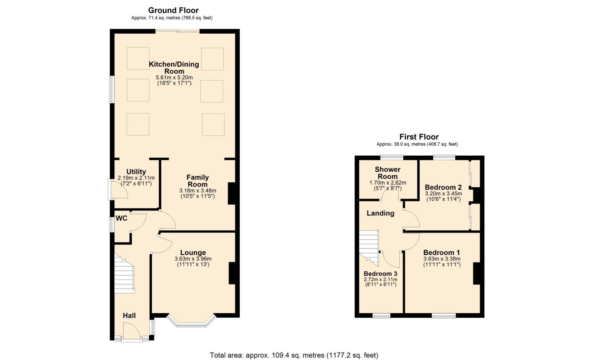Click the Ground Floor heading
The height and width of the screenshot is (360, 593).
coord(173,10)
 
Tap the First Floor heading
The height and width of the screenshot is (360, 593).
coord(419,137)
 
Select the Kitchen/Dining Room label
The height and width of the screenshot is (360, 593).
coord(174,68)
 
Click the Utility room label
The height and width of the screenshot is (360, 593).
coord(136,172)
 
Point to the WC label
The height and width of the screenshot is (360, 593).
coord(121,218)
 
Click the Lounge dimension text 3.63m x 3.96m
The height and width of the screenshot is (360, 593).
coord(193,259)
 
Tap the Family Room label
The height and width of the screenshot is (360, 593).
coord(198,181)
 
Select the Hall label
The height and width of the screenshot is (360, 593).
coord(129,316)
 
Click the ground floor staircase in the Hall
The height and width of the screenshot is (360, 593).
coord(124,274)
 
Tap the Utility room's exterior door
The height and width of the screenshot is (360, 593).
coord(118,189)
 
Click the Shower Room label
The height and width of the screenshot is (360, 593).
coord(388,173)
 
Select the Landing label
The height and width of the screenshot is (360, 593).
coord(381,213)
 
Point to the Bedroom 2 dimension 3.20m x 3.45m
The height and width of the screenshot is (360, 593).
coord(444,194)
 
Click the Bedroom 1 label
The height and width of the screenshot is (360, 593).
coord(442,253)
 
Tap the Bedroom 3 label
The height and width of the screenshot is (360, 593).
coord(381,274)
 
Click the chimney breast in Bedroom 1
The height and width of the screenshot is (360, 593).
coord(477,273)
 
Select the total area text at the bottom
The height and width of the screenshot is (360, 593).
coord(294,355)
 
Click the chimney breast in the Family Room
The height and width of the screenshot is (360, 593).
coord(232,194)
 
